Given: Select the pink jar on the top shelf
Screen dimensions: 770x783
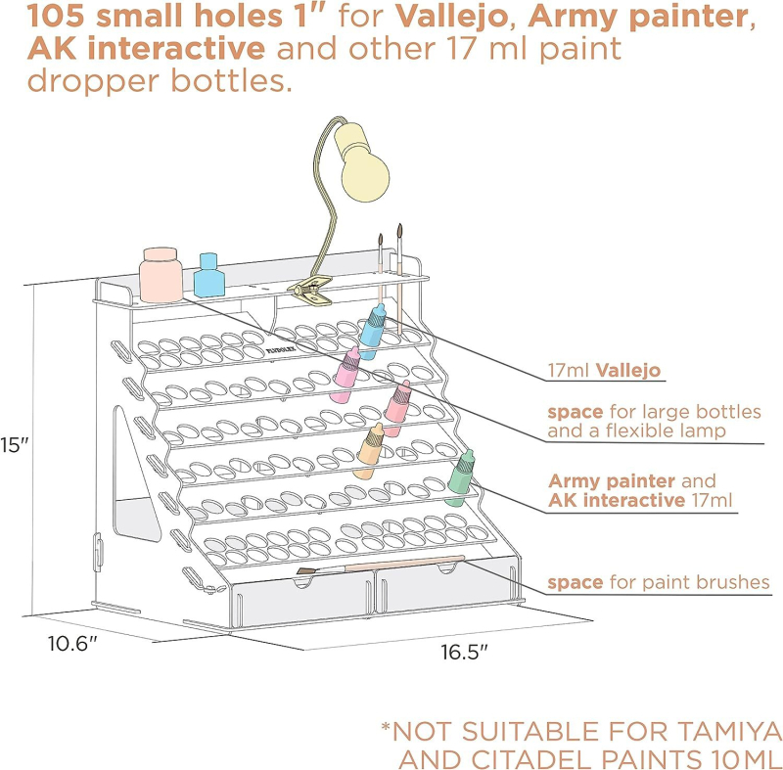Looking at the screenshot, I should pos(160,275).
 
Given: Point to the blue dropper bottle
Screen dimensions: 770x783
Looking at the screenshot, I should pos(372,325).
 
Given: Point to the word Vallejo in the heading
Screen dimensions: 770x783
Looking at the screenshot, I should pos(444,17).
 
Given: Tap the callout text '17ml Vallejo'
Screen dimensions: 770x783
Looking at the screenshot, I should pos(604,372).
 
